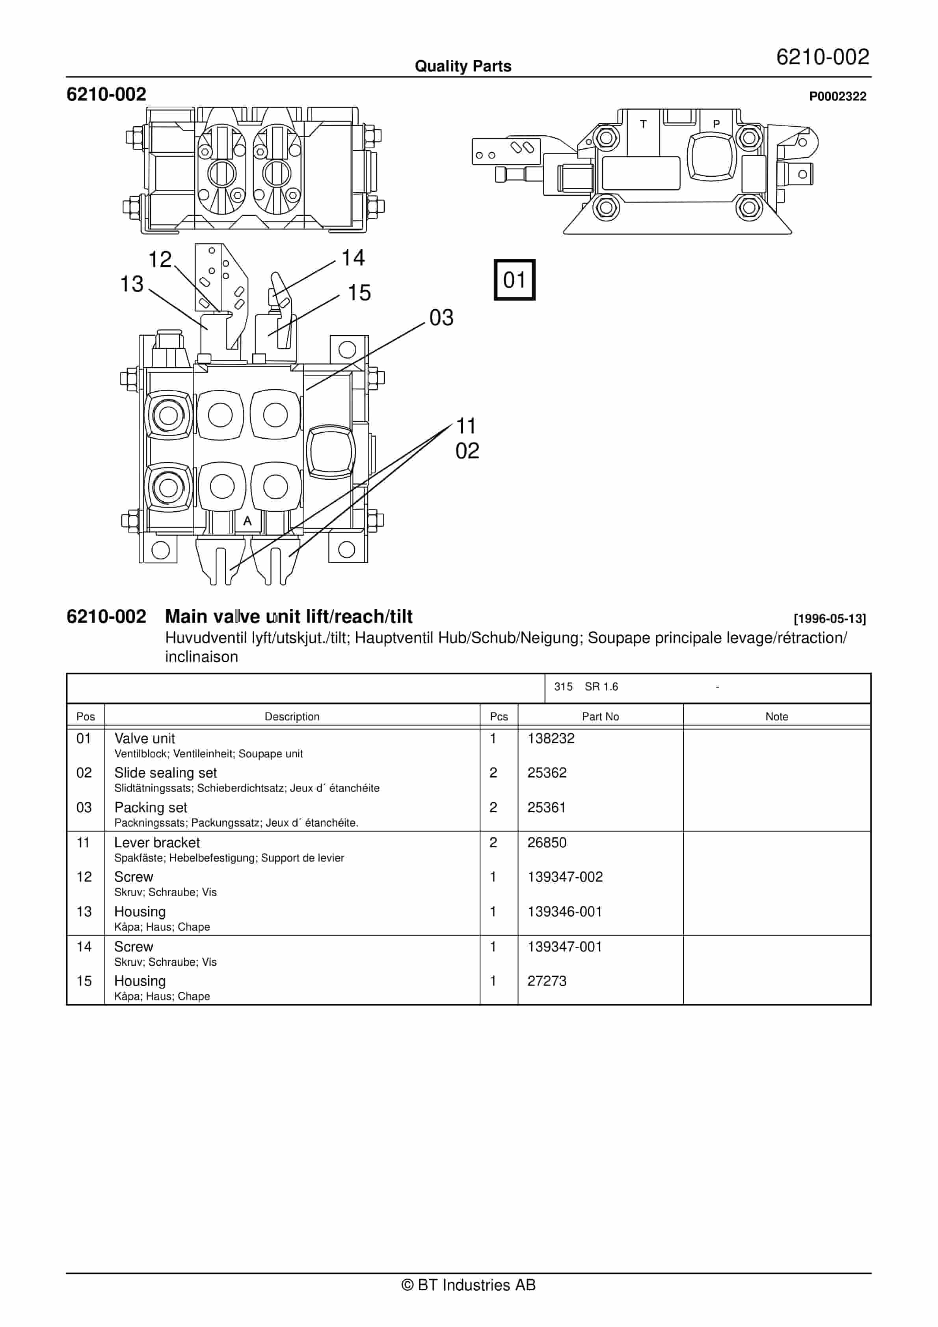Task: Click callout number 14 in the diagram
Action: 353,258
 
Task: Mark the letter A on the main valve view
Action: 247,521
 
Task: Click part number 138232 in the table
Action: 551,738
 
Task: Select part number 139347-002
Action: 564,877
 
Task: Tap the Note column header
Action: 776,717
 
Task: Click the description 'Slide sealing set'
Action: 165,773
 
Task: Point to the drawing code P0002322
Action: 837,97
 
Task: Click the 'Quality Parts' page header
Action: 463,66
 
